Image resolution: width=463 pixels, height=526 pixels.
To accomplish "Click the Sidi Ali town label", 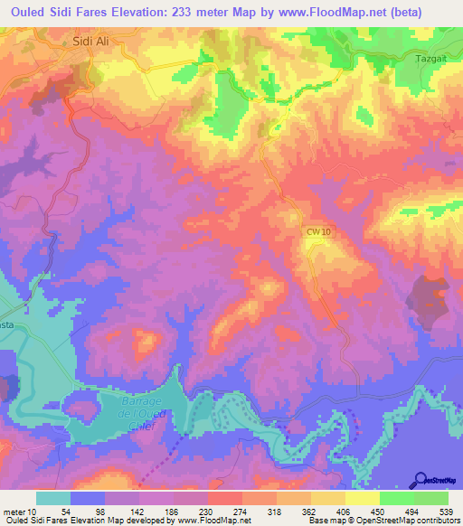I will [x=90, y=42].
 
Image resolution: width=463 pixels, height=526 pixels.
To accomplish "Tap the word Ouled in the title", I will [x=34, y=14].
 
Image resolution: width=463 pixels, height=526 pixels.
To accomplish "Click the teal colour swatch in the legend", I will [x=53, y=498].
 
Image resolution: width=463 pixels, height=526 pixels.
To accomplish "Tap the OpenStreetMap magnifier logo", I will [x=420, y=481].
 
